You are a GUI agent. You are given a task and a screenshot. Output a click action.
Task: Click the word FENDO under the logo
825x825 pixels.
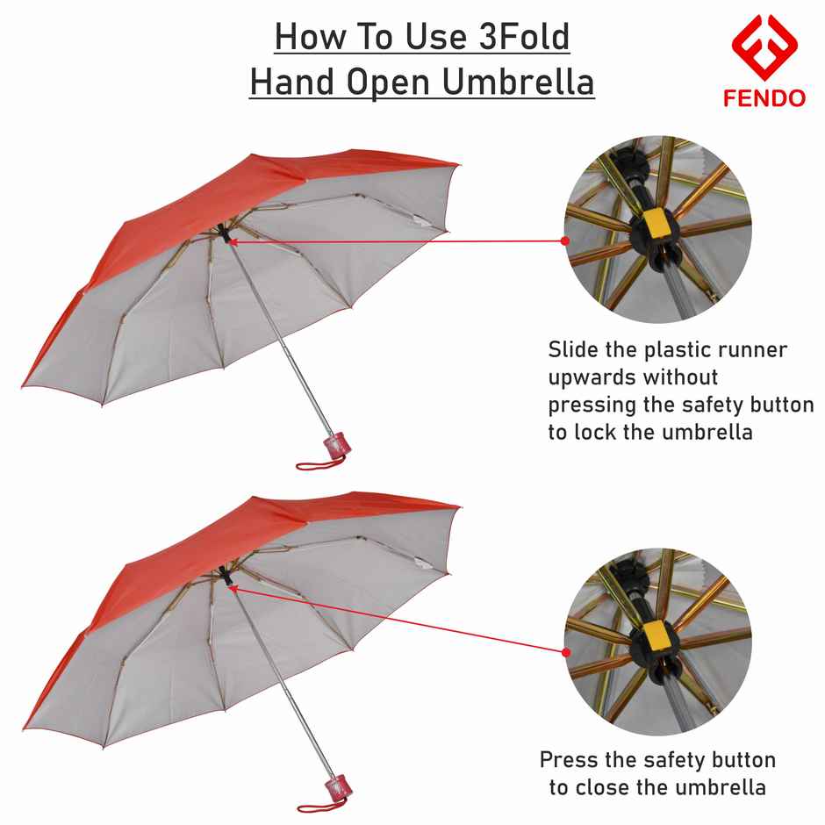pyautogui.click(x=764, y=97)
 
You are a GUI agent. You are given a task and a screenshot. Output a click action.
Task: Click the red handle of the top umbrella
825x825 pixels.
pyautogui.click(x=334, y=442)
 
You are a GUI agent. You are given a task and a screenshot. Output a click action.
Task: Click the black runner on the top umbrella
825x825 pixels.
pyautogui.click(x=226, y=235)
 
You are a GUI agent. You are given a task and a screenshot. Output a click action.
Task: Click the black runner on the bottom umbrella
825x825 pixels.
pyautogui.click(x=226, y=576)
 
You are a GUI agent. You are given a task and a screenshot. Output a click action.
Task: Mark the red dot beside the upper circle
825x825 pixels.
pyautogui.click(x=565, y=240)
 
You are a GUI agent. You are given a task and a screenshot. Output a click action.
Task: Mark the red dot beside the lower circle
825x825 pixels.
pyautogui.click(x=565, y=652)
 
